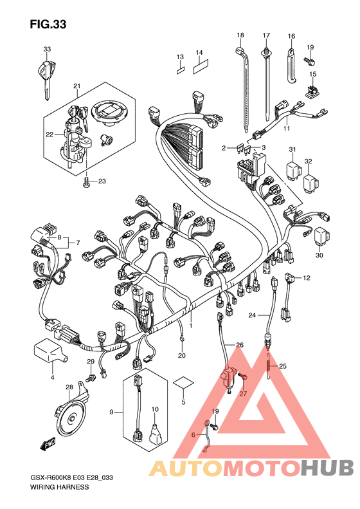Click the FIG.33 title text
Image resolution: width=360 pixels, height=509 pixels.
pos(48,24)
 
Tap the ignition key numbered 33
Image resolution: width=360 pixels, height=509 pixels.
pos(46,77)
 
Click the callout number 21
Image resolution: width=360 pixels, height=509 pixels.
pos(76,86)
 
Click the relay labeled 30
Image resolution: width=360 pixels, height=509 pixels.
pos(321,236)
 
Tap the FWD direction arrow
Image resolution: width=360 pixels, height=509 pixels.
pos(48,443)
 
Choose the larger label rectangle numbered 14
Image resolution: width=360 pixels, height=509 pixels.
pos(201,67)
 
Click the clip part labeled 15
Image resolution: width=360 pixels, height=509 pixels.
pos(312,90)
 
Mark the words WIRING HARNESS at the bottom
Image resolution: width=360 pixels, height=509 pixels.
pos(59,487)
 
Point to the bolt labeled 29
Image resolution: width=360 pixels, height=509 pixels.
pos(91,378)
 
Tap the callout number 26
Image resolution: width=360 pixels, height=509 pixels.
pos(240,345)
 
